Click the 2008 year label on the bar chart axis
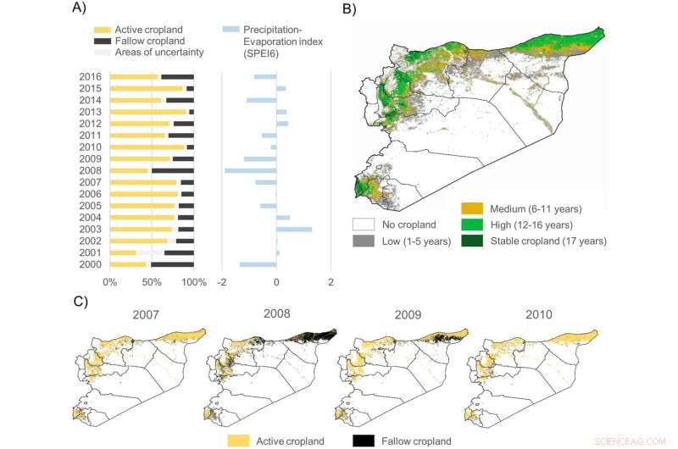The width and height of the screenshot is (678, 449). click(x=91, y=170)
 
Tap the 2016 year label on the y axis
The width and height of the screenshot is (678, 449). click(x=91, y=77)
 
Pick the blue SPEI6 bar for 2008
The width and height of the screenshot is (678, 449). click(x=250, y=170)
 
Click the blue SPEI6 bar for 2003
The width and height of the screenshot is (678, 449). click(x=294, y=229)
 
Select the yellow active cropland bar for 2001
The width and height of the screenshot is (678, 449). click(x=123, y=252)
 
